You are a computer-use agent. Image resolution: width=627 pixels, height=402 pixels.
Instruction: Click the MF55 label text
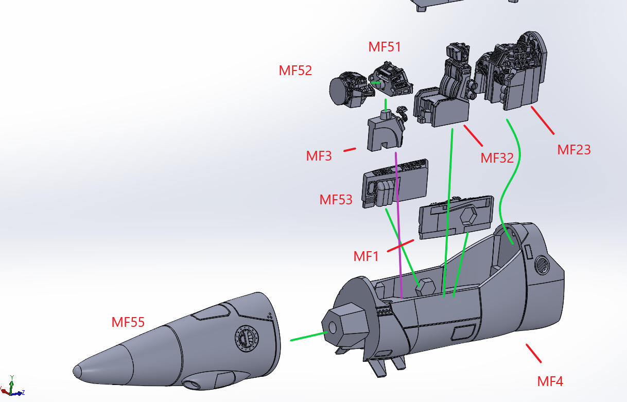[128, 322]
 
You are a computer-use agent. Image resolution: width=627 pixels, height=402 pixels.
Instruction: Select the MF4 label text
[550, 381]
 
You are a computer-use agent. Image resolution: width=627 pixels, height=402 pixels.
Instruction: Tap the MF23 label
[574, 150]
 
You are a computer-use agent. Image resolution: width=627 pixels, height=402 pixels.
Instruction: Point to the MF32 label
[497, 158]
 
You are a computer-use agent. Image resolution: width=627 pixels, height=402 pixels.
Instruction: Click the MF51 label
[385, 47]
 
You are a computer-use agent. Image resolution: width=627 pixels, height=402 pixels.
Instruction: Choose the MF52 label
[295, 71]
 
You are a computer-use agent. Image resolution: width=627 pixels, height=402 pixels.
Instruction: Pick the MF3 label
[319, 156]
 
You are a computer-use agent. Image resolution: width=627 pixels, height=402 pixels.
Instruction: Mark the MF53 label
[336, 200]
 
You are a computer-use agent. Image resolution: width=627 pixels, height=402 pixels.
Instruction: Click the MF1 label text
[366, 256]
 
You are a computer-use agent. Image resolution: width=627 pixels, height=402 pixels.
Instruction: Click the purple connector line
[398, 221]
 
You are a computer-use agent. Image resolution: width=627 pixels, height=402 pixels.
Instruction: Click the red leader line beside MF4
[533, 353]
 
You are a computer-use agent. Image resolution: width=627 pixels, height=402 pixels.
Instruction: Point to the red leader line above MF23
[542, 120]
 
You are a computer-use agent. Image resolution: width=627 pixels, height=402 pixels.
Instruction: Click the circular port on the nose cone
[245, 338]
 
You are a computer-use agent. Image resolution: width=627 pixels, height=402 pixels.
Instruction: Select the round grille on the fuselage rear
[541, 266]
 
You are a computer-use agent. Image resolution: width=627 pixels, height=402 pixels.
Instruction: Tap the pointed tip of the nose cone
[76, 370]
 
